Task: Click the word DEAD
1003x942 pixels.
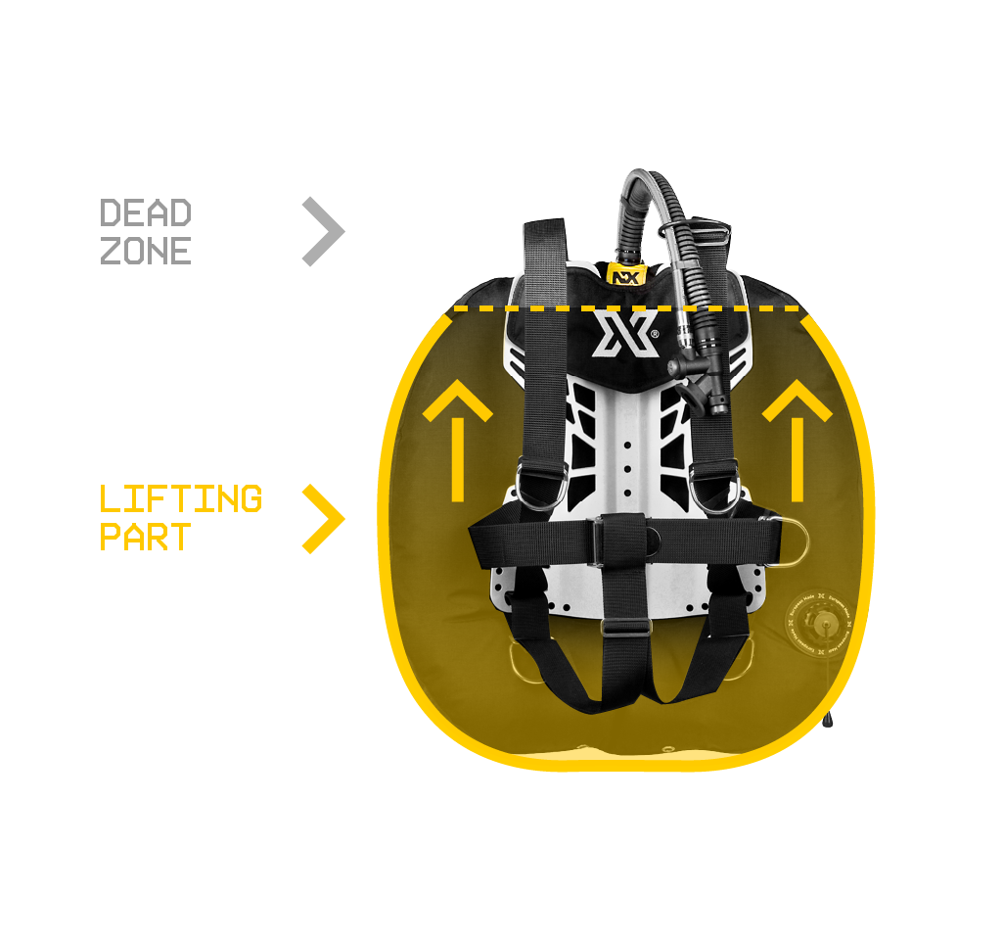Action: [x=146, y=212]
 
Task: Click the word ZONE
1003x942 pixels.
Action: [x=146, y=251]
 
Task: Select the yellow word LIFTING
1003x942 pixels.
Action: [x=181, y=498]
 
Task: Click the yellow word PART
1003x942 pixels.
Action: [x=145, y=538]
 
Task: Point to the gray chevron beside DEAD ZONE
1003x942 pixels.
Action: [x=324, y=232]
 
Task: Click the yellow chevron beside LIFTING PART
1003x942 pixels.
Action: [x=324, y=518]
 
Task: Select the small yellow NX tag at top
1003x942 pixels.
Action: [x=622, y=275]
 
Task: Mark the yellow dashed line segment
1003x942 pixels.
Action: [x=626, y=308]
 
